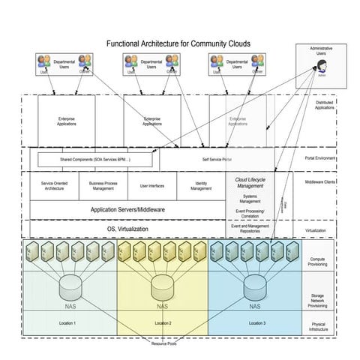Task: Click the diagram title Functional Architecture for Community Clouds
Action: (178, 44)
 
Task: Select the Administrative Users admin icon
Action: (321, 67)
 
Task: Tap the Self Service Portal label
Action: (216, 160)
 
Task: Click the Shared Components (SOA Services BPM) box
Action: (94, 160)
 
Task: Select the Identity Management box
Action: (200, 186)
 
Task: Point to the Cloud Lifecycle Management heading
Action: (256, 184)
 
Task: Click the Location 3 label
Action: (256, 322)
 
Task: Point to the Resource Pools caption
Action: (163, 343)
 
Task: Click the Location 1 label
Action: (68, 322)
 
